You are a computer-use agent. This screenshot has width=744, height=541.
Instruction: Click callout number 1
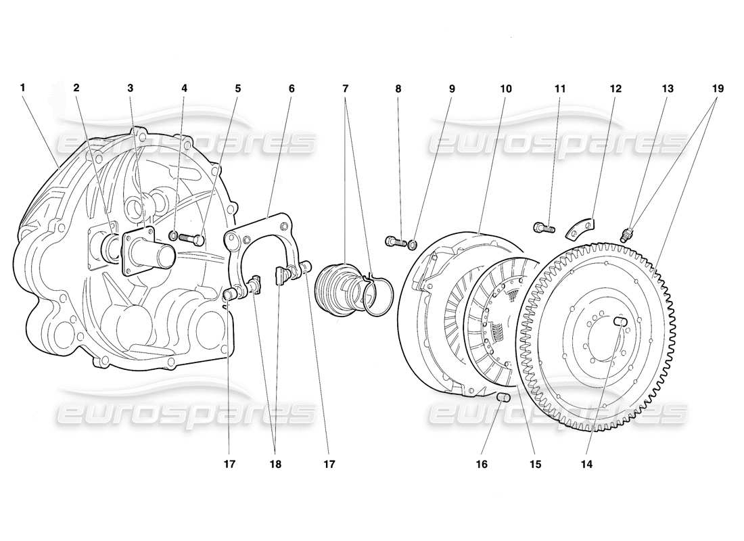[22, 88]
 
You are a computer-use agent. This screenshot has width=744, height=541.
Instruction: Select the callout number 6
[292, 88]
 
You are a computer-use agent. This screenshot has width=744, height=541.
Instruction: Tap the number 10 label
[507, 89]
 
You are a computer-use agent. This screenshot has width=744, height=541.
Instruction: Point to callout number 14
[586, 465]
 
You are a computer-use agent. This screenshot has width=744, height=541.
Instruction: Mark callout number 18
[275, 465]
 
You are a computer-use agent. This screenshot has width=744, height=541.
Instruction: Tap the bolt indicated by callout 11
[542, 228]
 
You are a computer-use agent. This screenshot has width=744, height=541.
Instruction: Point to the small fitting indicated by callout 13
[626, 235]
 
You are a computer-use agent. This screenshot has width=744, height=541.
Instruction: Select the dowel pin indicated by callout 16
[503, 398]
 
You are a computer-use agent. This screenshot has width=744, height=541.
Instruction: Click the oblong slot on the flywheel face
[622, 323]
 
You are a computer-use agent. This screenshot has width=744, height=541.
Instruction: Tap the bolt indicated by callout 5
[191, 239]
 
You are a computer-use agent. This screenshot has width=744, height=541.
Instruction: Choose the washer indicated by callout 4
[173, 236]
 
